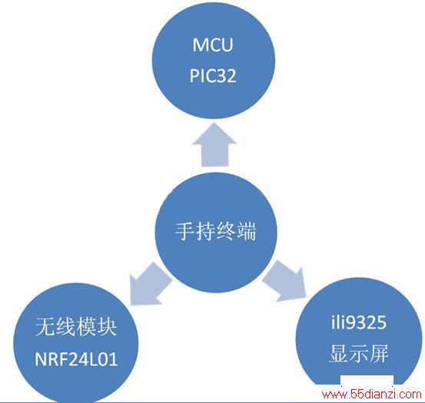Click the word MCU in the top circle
coord(213,45)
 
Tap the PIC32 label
coord(213,75)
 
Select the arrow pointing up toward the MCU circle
coord(214,145)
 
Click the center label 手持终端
coord(216,231)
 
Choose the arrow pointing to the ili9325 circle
coord(284,282)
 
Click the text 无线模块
coord(76,327)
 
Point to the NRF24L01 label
coord(76,359)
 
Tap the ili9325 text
coord(359,322)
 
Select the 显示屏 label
coord(359,353)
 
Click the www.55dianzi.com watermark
coord(372,394)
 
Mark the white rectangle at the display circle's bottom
coord(367,381)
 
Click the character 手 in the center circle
coord(184,231)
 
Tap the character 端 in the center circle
coord(247,231)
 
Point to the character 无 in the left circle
coord(45,327)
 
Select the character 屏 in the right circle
coord(379,353)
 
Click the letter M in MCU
coord(199,45)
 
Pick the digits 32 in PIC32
coord(227,75)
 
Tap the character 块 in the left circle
coord(107,327)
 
